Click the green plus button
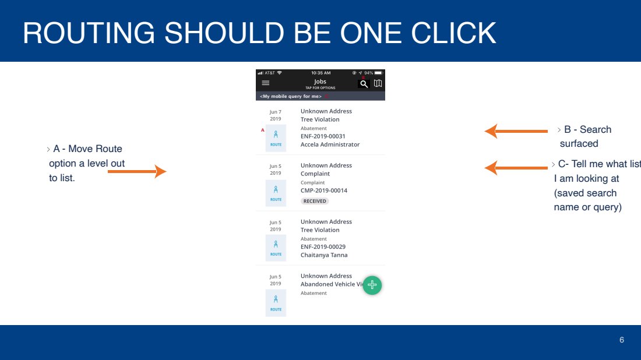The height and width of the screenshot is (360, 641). (372, 285)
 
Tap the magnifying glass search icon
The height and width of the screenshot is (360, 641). (364, 84)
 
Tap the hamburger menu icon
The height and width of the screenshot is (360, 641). (266, 83)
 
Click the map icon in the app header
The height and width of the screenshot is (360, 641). (378, 83)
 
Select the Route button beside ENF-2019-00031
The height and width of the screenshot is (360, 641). (276, 138)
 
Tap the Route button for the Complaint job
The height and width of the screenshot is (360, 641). (276, 193)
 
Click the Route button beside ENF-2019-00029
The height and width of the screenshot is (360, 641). (276, 248)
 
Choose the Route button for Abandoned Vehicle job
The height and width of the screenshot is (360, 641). (276, 303)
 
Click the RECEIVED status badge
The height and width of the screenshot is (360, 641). (315, 201)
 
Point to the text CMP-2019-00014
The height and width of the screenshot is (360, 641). (324, 190)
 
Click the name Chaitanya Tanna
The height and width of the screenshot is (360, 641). (324, 255)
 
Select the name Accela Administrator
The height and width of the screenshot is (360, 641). (330, 144)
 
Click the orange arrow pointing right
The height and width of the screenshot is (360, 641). (138, 172)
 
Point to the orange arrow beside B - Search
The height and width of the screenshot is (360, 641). (516, 131)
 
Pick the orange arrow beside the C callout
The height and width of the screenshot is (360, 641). (516, 168)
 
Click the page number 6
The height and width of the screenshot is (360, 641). (622, 340)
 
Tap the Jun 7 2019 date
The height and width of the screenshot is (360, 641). (276, 115)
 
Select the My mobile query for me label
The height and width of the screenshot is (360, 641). (291, 97)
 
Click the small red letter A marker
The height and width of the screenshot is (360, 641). (262, 130)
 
